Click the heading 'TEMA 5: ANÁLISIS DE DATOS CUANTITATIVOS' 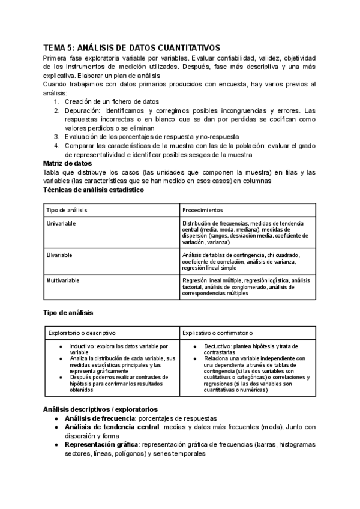132,47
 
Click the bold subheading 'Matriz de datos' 69,163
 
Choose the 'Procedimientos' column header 202,210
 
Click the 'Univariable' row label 62,223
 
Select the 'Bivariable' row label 59,254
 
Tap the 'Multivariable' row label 63,280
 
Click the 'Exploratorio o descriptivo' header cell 82,332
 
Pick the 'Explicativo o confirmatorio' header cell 219,332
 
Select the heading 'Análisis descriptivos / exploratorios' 100,409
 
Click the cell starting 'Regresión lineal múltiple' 246,287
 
